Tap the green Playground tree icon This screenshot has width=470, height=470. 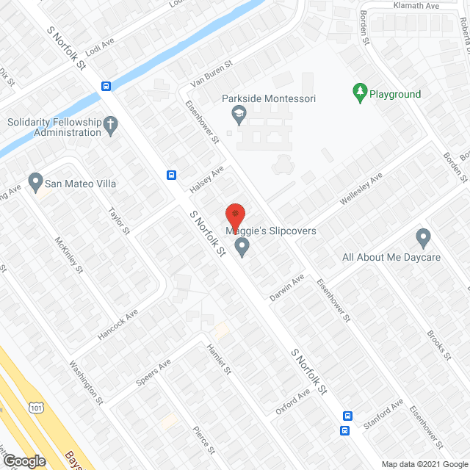pos(360,92)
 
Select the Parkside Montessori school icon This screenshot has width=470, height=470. pos(238,114)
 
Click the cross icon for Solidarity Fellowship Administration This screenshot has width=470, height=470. pos(111,124)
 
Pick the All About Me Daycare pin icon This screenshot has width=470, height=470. pos(422,238)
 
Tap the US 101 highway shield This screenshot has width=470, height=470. pos(37,407)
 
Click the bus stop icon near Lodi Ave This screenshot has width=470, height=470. pos(106,86)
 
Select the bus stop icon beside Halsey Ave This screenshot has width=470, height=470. pos(171,175)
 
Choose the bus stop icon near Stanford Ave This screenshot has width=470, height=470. pos(345,430)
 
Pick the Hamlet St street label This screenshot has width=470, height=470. pos(219,359)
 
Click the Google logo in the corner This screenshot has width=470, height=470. pos(23,460)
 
